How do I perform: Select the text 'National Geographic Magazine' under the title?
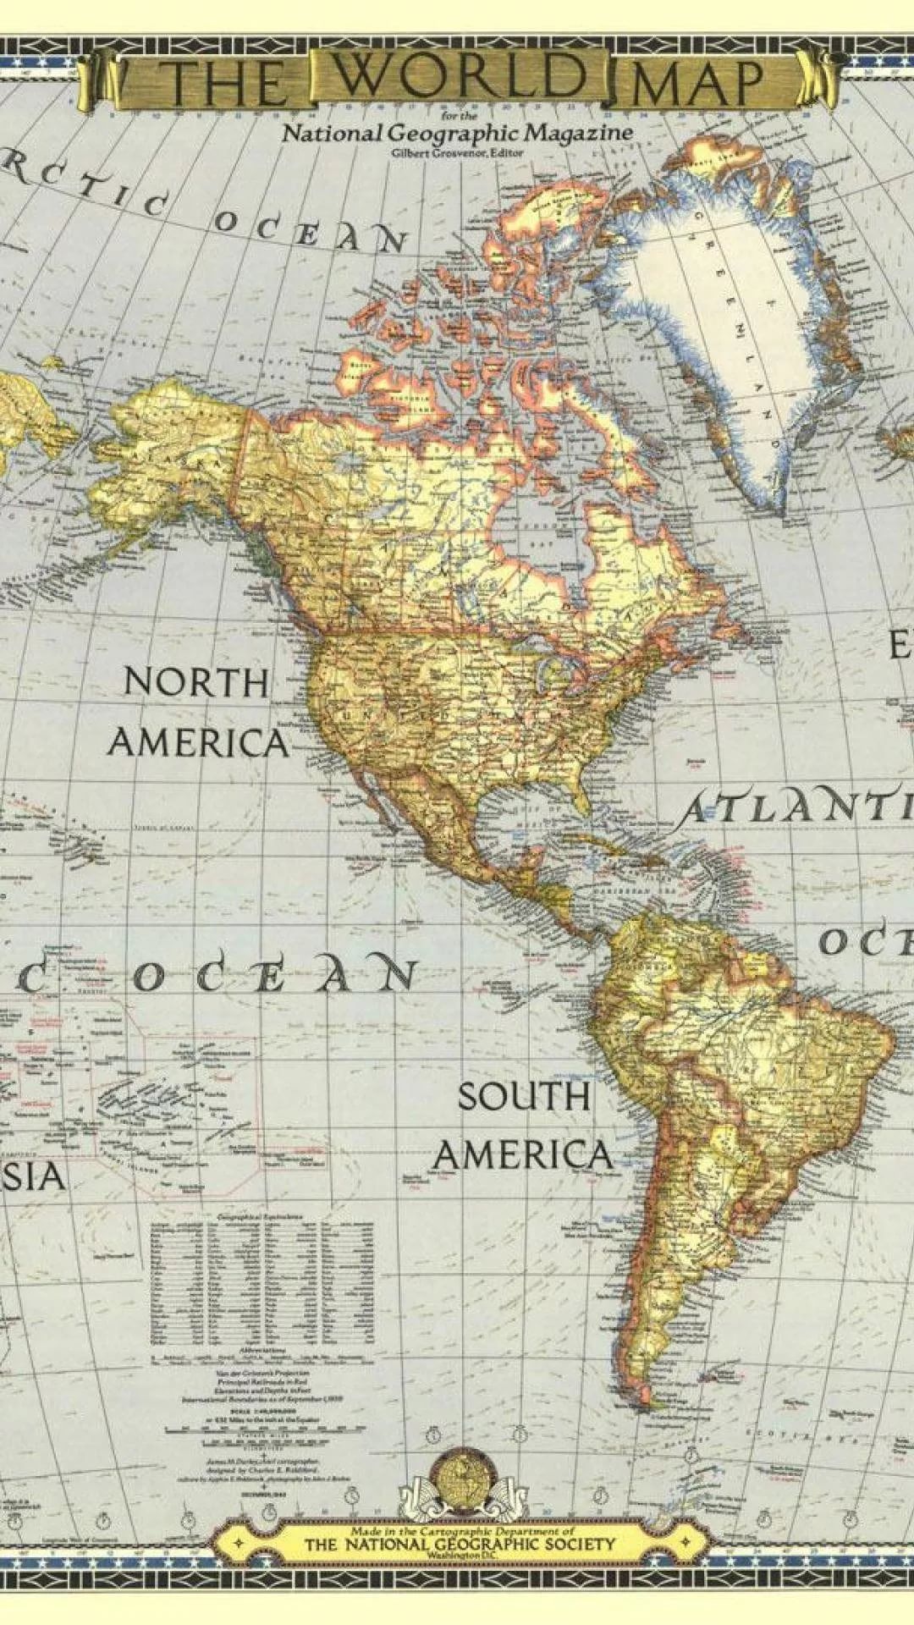(457, 133)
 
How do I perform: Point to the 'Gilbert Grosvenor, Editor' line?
(458, 153)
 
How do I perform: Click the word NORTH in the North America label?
(196, 681)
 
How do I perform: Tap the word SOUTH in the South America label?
(524, 1097)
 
